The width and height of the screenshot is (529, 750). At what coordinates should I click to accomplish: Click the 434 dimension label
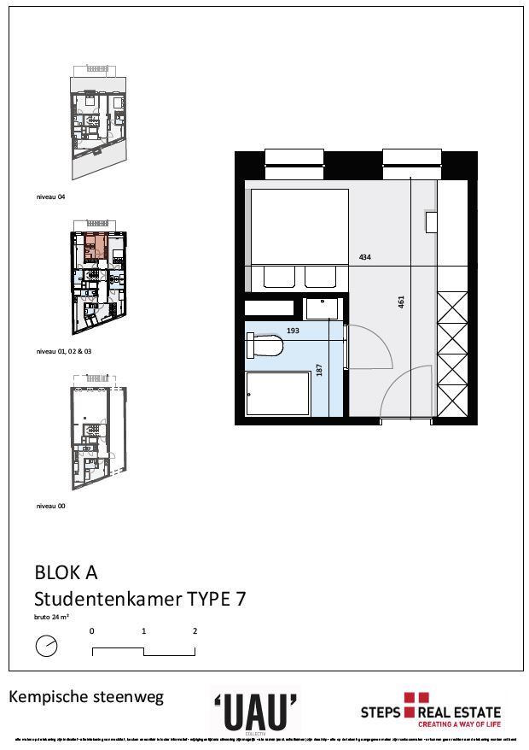365,257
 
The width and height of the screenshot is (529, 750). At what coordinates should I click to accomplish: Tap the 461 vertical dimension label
400,302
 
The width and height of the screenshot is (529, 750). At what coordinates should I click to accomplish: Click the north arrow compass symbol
47,647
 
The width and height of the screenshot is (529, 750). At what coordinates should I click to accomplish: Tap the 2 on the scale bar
195,631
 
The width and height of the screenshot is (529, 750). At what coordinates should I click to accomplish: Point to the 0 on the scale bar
91,631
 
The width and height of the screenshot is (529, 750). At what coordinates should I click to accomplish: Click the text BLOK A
67,571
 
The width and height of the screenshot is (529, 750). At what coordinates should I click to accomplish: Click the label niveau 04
50,196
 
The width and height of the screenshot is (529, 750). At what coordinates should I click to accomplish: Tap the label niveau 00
50,506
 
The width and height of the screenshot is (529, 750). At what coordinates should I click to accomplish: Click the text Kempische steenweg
85,697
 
